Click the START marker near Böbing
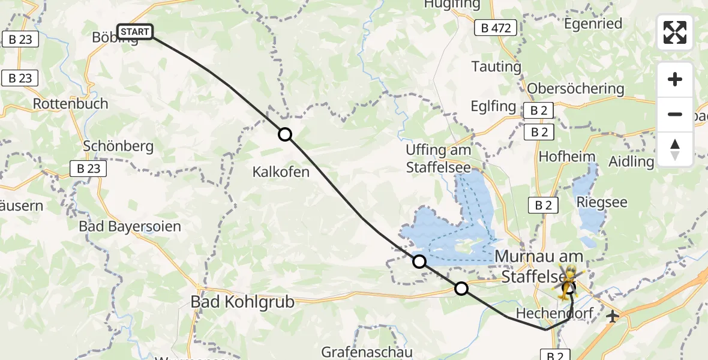135,31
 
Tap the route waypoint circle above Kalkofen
285,134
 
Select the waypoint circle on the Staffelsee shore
419,261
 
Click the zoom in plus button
675,79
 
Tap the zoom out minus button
675,114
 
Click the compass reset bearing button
675,149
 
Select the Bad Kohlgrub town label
242,302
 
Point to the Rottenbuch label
71,104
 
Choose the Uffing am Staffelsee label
438,158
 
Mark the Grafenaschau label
367,351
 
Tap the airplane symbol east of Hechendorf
613,316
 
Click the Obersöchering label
575,89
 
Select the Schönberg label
119,146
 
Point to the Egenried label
593,24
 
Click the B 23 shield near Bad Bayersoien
88,169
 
